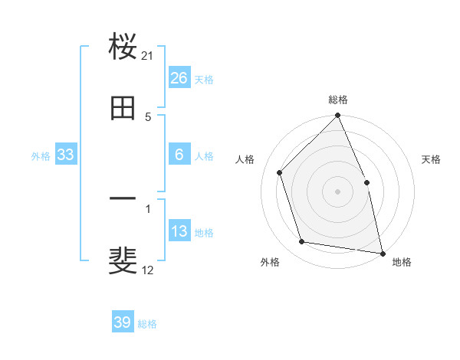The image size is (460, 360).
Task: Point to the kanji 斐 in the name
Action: tap(123, 260)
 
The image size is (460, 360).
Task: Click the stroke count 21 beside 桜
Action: tap(148, 56)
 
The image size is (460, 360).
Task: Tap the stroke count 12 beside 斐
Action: tap(148, 270)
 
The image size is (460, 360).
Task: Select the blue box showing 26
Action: tap(179, 77)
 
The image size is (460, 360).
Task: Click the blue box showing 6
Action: tap(179, 155)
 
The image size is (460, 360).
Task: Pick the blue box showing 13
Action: tap(179, 231)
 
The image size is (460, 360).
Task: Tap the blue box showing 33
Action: tap(66, 155)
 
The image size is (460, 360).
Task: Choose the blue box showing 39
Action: tap(123, 322)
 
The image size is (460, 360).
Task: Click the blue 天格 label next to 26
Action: tap(204, 79)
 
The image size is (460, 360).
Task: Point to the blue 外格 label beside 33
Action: tap(41, 155)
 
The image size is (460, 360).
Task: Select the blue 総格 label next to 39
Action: tap(147, 324)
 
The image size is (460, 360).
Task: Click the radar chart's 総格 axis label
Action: tap(338, 100)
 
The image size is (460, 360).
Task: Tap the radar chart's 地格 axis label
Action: tap(402, 263)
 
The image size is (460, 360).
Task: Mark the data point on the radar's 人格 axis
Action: tap(280, 172)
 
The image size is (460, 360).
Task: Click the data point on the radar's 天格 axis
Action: tap(366, 182)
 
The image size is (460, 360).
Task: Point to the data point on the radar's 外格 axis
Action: tap(302, 242)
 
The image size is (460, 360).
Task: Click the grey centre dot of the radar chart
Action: tap(338, 191)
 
